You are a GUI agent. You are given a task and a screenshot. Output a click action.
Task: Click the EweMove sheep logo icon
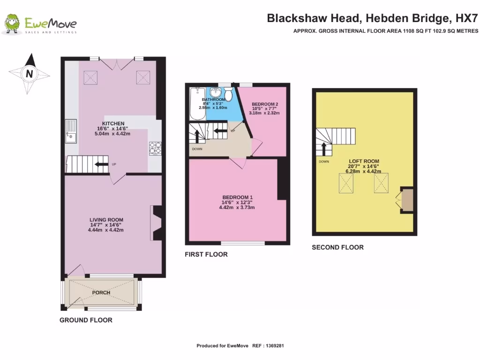tap(13, 24)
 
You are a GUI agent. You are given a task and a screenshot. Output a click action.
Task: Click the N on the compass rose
tap(29, 74)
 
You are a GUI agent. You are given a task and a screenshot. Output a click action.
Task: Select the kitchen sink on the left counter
tap(71, 131)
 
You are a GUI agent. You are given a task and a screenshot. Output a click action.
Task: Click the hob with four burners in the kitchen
tap(155, 148)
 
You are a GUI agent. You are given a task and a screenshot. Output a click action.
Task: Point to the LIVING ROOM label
tap(106, 219)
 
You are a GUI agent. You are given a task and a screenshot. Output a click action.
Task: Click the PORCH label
tap(101, 292)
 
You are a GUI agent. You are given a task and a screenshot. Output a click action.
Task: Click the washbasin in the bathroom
tap(216, 92)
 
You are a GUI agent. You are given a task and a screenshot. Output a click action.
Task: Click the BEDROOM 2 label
tap(265, 104)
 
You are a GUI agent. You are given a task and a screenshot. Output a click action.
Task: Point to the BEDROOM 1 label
tap(238, 197)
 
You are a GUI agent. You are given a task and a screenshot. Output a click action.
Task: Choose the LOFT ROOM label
tap(364, 161)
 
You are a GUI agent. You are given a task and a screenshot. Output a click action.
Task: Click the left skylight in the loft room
tap(346, 183)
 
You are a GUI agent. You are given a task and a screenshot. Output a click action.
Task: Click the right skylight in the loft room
tap(382, 183)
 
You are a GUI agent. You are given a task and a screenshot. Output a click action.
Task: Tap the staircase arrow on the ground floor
tap(99, 164)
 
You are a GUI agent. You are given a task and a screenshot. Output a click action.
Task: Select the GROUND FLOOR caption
tap(86, 320)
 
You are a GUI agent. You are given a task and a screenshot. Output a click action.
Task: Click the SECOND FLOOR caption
tap(337, 247)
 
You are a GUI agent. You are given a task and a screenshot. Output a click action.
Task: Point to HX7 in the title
tap(467, 19)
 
